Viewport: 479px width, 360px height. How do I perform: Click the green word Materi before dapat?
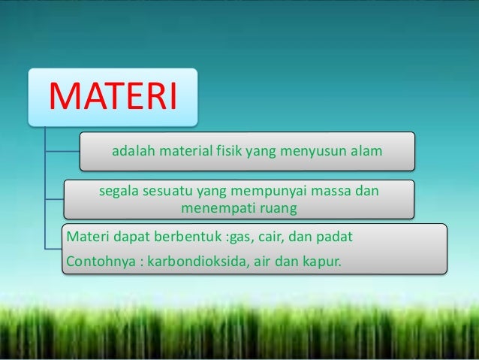point(86,238)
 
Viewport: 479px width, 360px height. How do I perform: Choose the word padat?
point(334,238)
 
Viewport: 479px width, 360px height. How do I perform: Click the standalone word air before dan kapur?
point(261,262)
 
